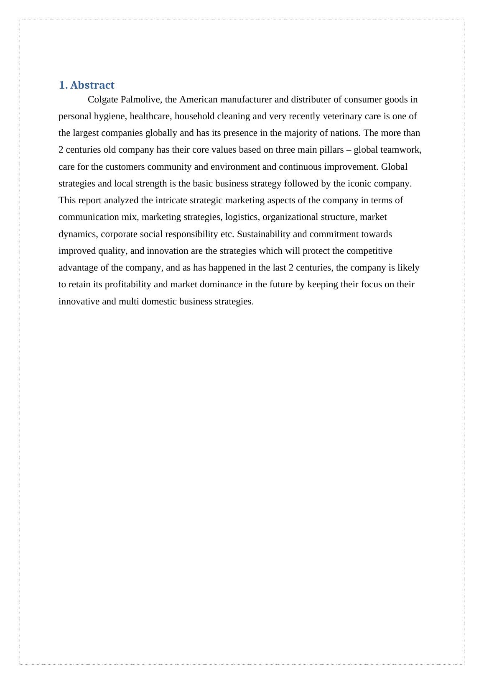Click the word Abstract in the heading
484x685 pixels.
[92, 85]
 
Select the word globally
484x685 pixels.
[161, 133]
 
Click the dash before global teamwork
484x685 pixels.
[349, 150]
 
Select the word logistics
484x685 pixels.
[243, 217]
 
